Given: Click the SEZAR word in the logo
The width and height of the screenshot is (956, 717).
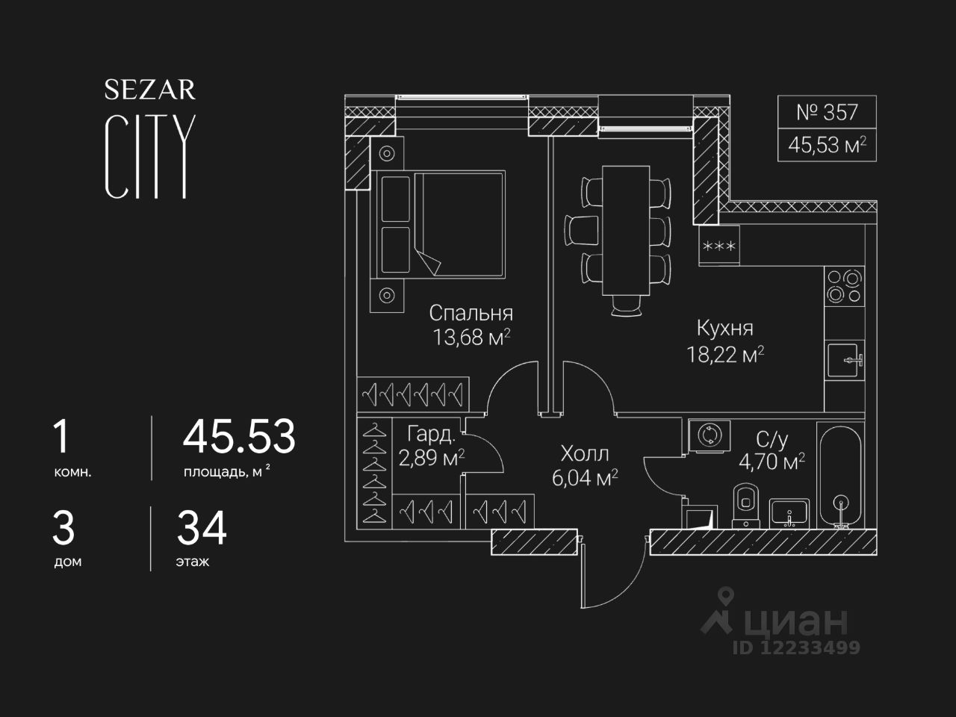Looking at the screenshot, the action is pos(150,90).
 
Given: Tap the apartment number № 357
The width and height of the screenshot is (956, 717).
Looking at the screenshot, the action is pos(827,112).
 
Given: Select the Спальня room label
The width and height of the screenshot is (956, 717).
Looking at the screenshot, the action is pos(471,313).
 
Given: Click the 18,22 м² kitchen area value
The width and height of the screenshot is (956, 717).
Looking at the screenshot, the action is pos(725,355).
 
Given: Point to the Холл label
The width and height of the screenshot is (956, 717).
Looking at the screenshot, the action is pos(585,453).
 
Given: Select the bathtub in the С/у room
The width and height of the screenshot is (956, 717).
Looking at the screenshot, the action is pos(840,476).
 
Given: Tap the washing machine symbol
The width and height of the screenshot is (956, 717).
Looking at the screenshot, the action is pos(710,435).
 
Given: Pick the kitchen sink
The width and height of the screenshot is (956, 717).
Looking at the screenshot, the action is pos(845,360).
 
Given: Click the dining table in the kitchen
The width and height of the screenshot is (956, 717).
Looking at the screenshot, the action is pos(626,230).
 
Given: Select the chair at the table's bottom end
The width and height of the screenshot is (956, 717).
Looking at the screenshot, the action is pos(626,305).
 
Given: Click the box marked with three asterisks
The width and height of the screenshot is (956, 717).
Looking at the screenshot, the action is pos(719,246).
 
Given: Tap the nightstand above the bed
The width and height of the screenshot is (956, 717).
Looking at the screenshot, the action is pos(387,153).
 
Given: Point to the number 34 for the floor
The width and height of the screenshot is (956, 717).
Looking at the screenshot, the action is pos(202,528).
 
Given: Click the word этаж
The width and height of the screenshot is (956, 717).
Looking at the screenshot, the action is pos(193,562).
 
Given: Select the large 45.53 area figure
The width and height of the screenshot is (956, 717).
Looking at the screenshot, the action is pos(239,435).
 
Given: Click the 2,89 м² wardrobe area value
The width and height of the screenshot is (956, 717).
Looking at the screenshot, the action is pos(431,459).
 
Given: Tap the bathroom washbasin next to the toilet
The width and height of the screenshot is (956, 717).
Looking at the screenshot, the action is pos(789,513).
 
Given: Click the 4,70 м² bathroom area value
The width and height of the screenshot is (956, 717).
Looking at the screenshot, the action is pos(772,462).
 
